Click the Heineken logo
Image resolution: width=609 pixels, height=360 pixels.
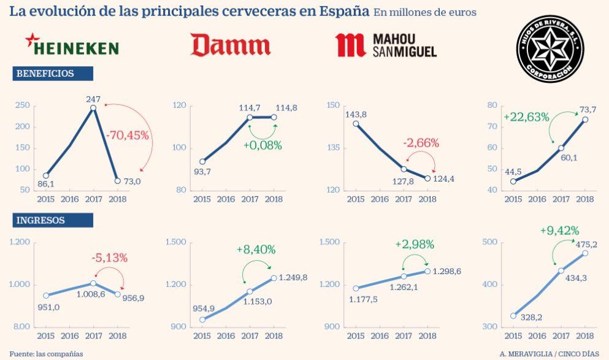(x=72, y=47)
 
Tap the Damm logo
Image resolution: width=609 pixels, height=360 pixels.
(x=230, y=45)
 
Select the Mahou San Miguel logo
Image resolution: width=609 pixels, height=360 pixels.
(x=386, y=46)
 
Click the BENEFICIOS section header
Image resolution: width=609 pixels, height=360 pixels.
(x=53, y=74)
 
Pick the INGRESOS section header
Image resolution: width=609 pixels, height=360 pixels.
(x=53, y=220)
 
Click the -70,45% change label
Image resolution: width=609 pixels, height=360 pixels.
(x=127, y=136)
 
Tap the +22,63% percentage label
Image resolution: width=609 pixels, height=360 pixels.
(x=526, y=117)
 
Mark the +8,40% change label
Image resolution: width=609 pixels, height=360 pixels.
(x=256, y=250)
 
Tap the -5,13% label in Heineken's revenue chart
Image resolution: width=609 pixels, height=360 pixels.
(x=109, y=258)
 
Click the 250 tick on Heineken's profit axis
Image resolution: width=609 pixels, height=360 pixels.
(x=21, y=105)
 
